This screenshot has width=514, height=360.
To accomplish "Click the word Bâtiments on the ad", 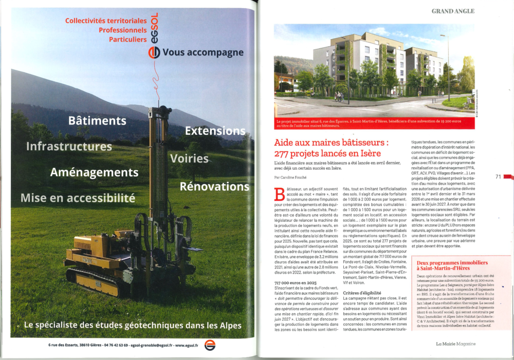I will tap(97, 121).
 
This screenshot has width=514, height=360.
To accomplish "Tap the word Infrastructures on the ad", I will tap(69, 147).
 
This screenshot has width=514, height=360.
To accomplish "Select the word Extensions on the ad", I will tap(215, 131).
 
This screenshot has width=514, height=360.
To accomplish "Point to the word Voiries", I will tap(189, 158).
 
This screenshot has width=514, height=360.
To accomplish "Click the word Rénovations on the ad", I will tap(214, 186).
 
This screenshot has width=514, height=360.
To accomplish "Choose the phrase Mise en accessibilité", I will tap(78, 197).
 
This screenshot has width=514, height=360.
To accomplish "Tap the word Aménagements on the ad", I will tap(94, 172).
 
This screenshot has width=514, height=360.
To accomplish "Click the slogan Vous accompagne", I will tap(203, 52).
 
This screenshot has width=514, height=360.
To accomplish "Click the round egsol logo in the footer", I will tap(210, 345).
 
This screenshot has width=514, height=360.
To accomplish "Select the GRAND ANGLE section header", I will tap(453, 11).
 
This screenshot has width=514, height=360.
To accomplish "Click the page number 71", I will tap(498, 177).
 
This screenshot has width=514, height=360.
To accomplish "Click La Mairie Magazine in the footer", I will tap(455, 344).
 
